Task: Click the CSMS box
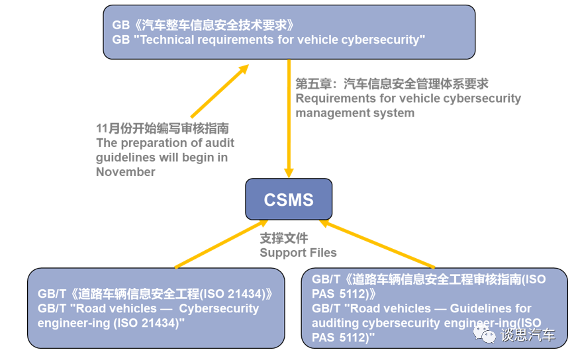[x=289, y=199]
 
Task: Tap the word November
[x=125, y=172]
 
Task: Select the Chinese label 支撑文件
[x=283, y=238]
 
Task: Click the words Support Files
[x=298, y=253]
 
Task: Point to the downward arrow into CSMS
[x=289, y=119]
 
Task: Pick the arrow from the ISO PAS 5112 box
[x=377, y=245]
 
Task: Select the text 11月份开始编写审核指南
[x=162, y=128]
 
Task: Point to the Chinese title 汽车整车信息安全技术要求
[x=212, y=25]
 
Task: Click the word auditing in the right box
[x=338, y=323]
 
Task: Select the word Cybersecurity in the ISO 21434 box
[x=219, y=309]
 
